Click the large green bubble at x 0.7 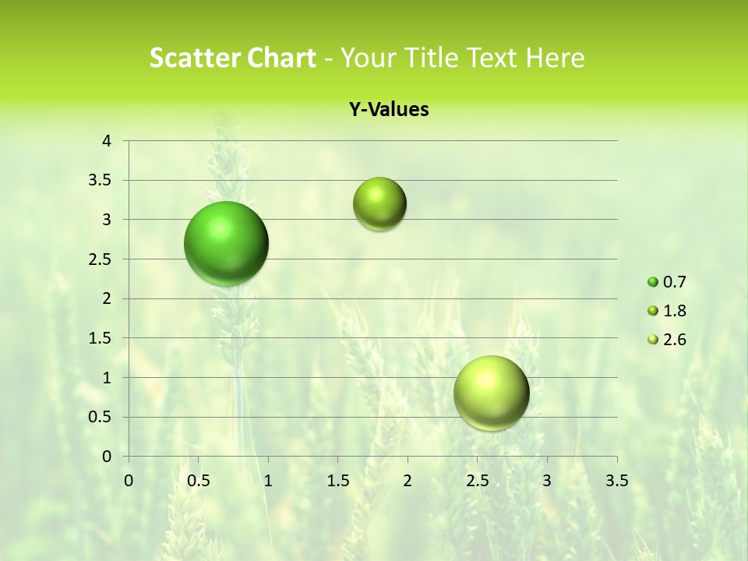pos(227,243)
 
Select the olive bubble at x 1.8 pos(379,204)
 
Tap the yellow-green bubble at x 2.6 pos(491,393)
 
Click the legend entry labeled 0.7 pos(667,282)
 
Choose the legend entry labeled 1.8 pos(667,311)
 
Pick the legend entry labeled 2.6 pos(667,340)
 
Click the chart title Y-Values pos(389,110)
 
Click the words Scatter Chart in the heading pos(232,58)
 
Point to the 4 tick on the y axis pos(107,141)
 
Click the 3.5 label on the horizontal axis pos(617,481)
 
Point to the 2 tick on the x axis pos(408,481)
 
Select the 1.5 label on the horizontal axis pos(337,481)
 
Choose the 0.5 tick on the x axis pos(198,481)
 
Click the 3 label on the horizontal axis pos(547,481)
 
